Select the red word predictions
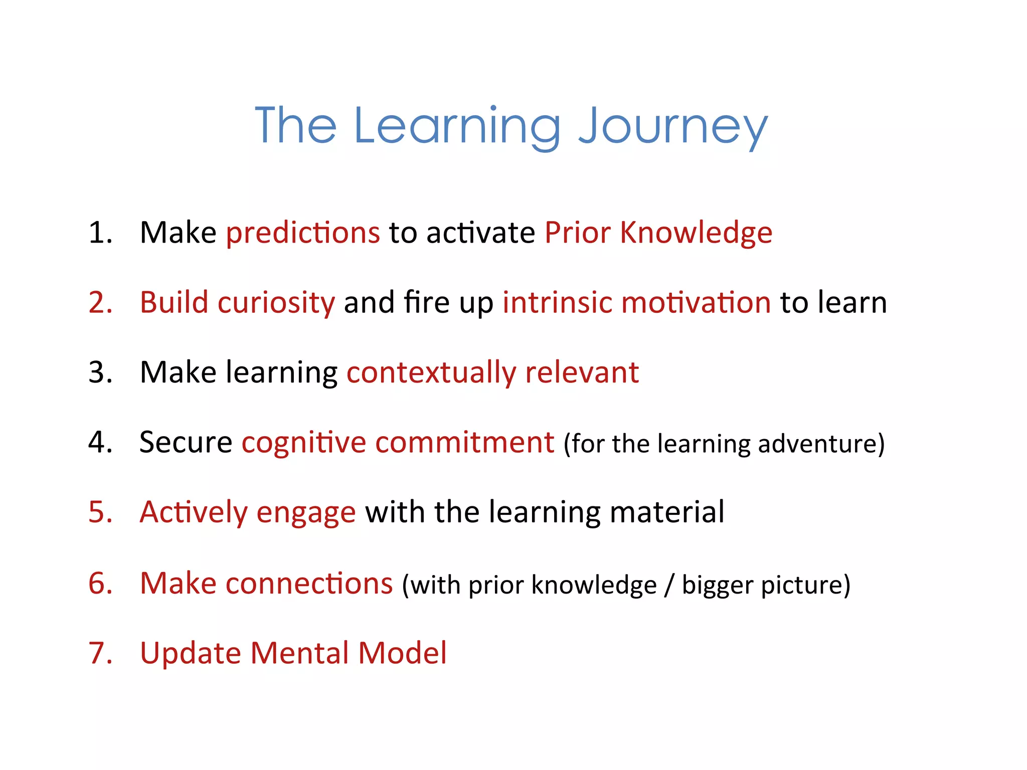pos(303,233)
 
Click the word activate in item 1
pos(481,233)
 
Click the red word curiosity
pos(276,303)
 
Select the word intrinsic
pos(557,303)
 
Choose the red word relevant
pos(582,373)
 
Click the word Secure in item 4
pos(186,443)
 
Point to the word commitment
pos(464,443)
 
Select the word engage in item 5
pos(306,513)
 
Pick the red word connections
pos(309,584)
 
